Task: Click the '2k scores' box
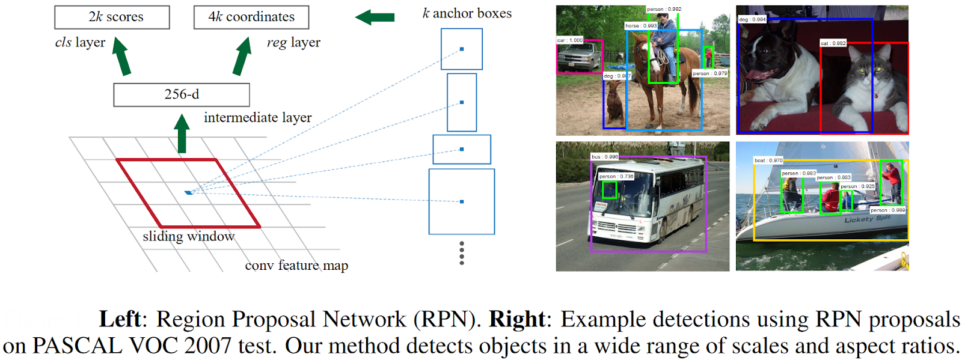point(112,17)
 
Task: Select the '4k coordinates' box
point(251,17)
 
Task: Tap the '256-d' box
point(182,95)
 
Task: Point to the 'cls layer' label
point(80,43)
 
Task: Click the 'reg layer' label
point(293,43)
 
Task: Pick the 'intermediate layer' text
point(257,118)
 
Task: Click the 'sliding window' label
point(188,237)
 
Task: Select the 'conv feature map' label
point(296,266)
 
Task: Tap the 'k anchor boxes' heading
point(467,13)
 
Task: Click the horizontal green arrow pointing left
point(375,17)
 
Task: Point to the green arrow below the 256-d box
point(182,134)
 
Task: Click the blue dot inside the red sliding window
point(188,192)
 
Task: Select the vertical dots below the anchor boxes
point(462,253)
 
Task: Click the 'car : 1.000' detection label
point(569,40)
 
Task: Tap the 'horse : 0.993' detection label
point(641,26)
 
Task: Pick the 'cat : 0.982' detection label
point(833,43)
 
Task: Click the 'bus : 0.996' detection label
point(604,157)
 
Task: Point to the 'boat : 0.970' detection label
point(768,160)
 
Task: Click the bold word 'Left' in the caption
point(120,319)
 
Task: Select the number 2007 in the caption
point(208,346)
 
